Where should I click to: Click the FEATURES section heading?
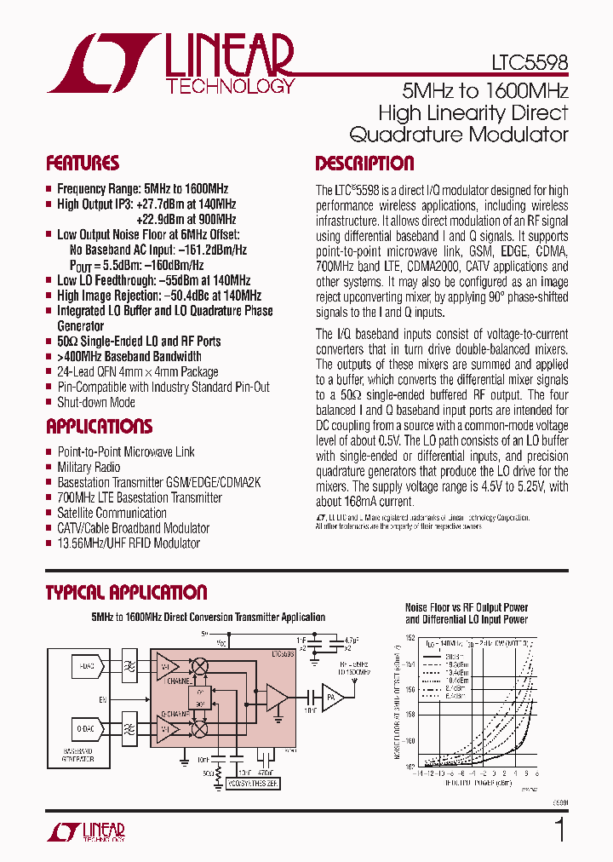(83, 164)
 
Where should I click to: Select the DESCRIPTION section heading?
(364, 164)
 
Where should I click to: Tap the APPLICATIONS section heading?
(99, 427)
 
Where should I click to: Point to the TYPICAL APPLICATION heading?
(126, 593)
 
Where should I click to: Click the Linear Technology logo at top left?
(171, 63)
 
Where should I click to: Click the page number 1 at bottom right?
(559, 830)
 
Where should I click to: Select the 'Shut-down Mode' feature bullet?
(95, 402)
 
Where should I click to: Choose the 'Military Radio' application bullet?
(89, 467)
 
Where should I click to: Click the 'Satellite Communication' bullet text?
(112, 513)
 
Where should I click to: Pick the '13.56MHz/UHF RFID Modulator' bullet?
(129, 543)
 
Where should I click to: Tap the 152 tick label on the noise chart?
(410, 638)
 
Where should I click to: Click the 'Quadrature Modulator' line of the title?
(459, 135)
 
